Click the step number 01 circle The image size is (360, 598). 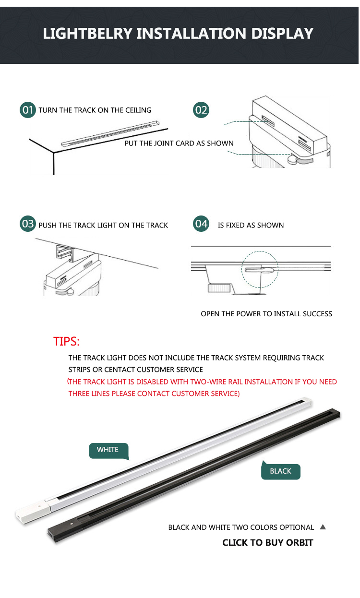click(x=27, y=110)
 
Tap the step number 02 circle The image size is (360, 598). click(x=201, y=110)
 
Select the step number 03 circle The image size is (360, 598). click(x=27, y=224)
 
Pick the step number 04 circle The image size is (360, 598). click(x=201, y=224)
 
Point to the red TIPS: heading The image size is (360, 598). click(x=66, y=341)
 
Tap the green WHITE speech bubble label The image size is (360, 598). click(x=108, y=451)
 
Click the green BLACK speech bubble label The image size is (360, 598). click(x=280, y=471)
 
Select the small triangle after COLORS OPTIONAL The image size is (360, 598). click(x=323, y=526)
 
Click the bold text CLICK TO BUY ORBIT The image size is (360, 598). click(x=267, y=542)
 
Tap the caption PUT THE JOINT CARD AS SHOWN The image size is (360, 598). click(x=179, y=143)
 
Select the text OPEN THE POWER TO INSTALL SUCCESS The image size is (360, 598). click(x=266, y=314)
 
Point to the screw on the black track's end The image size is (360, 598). click(x=72, y=524)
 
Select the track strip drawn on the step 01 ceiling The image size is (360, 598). click(x=110, y=133)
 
